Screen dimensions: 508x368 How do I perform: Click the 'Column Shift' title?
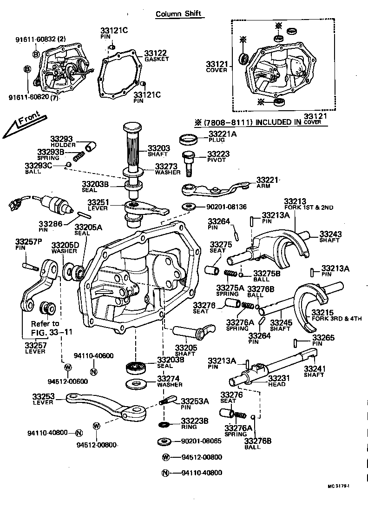pos(178,13)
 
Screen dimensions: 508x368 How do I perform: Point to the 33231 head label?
pos(277,378)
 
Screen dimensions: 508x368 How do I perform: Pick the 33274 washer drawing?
pos(137,384)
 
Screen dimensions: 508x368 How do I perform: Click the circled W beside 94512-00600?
pos(67,368)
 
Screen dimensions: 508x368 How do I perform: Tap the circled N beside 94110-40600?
pos(93,371)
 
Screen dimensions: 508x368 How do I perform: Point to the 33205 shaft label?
pos(186,348)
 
